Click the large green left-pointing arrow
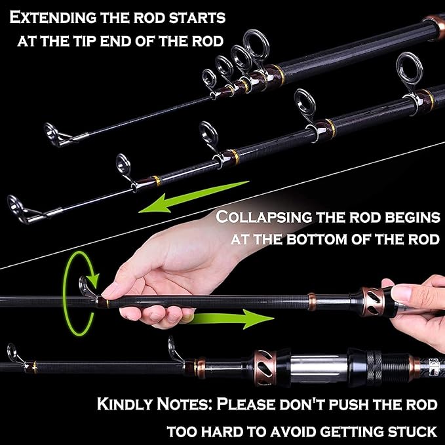[191, 196]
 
